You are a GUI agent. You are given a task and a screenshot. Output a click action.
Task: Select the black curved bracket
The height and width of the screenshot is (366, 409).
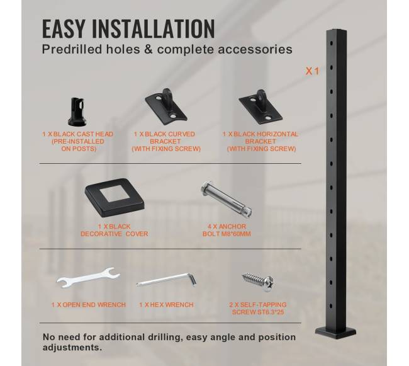166,106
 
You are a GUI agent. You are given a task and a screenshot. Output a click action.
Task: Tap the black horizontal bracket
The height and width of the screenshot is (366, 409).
261,106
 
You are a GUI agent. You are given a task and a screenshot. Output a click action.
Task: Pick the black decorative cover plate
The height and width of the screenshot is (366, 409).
115,197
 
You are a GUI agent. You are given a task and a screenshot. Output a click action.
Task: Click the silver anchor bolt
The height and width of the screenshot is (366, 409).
227,200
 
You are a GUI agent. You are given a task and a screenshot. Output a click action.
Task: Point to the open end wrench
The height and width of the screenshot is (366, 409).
88,278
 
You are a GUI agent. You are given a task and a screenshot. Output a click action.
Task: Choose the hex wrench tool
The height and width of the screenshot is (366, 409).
166,280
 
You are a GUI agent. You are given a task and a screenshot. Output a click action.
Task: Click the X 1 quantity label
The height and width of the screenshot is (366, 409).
312,71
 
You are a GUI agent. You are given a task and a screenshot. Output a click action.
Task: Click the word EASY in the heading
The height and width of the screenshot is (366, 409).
64,28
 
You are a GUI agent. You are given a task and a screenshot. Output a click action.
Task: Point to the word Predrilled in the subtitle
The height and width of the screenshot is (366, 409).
72,50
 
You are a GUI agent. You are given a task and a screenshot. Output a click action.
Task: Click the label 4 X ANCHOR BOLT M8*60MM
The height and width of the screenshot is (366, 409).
227,230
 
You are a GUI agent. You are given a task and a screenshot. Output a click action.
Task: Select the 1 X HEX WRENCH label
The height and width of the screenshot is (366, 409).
166,305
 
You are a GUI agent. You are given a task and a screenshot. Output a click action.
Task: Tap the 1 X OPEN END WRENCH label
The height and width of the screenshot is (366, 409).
89,305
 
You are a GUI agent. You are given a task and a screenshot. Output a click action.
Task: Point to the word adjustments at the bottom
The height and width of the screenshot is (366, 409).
72,348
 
